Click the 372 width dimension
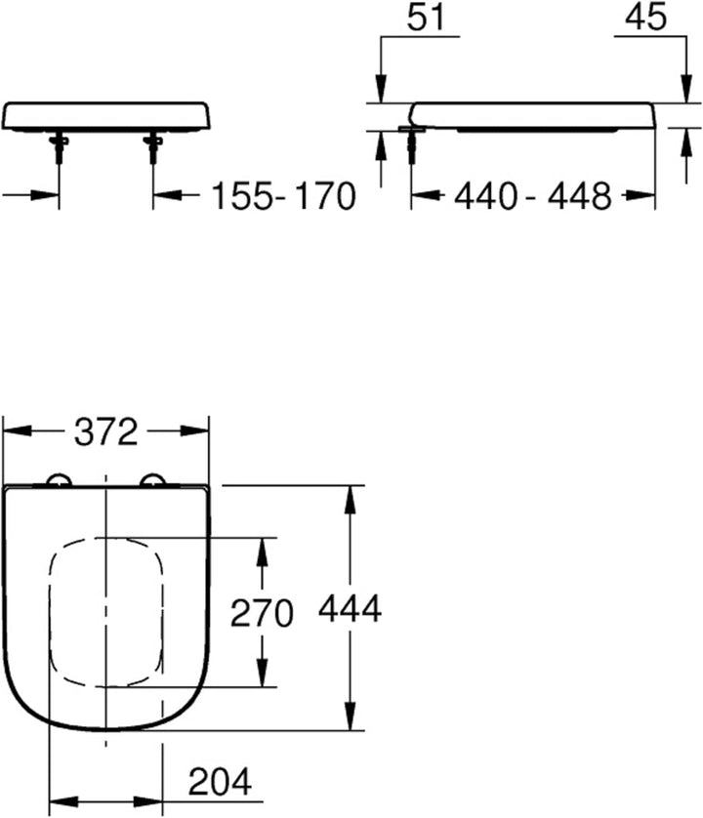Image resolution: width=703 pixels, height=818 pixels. pos(106,432)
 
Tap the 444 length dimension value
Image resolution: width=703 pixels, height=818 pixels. pos(350,609)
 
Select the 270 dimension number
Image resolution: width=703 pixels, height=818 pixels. pos(262,613)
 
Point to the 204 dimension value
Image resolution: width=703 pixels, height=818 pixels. pos(220,782)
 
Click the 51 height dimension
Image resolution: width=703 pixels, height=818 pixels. pos(426,18)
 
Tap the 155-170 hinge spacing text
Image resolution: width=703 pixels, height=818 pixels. pos(283,196)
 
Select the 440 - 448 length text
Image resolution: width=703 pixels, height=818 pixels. pos(532,196)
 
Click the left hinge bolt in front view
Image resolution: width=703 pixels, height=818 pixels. pos(59,146)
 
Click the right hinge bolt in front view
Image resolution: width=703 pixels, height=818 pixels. pos(152,146)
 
